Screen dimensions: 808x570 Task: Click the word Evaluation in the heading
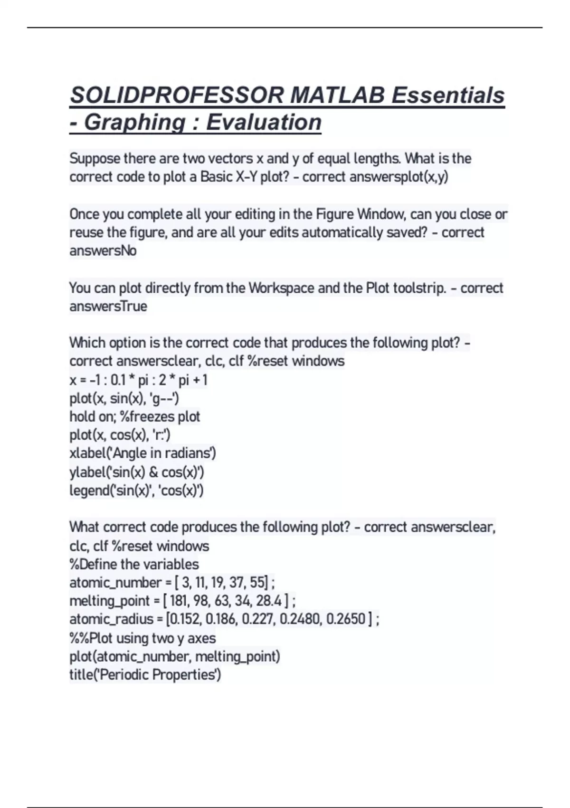(x=264, y=123)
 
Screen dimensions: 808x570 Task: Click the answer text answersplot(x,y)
(x=399, y=177)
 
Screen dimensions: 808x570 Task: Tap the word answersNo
(x=103, y=250)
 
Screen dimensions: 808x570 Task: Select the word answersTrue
(x=108, y=306)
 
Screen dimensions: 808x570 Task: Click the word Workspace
(x=281, y=288)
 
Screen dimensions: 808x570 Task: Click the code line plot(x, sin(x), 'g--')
(x=124, y=398)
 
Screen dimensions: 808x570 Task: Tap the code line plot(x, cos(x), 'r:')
(x=120, y=435)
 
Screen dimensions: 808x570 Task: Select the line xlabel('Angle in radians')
(x=142, y=453)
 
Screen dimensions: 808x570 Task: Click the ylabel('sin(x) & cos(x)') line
(x=137, y=472)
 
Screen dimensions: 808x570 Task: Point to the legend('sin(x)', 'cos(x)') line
(x=137, y=491)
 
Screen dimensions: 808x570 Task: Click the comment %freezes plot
(x=160, y=417)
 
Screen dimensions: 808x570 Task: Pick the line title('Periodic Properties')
(x=145, y=674)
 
